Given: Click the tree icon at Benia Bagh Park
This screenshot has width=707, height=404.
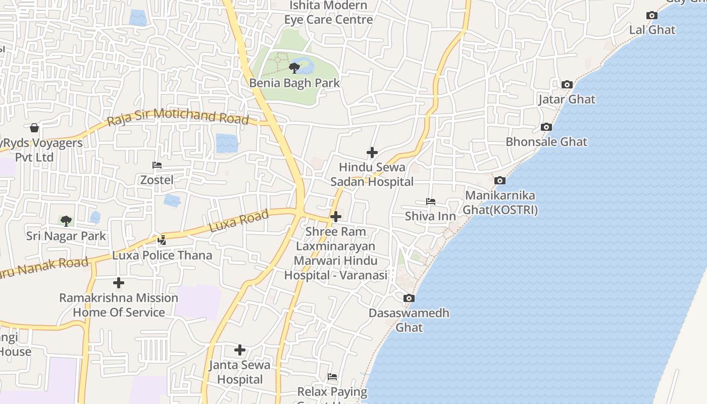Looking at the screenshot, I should (294, 68).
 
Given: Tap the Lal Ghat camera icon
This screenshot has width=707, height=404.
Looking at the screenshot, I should (652, 16).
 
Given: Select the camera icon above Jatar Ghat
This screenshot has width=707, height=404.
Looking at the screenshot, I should (567, 85).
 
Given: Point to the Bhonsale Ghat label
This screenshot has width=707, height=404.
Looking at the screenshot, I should (546, 141).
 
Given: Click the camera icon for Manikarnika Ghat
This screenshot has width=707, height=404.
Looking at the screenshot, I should (499, 181).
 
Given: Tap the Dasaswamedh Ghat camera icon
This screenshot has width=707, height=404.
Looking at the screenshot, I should (409, 298).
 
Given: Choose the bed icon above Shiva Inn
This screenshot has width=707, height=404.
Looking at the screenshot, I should (430, 201).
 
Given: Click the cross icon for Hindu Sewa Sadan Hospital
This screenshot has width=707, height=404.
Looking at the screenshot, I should (372, 153).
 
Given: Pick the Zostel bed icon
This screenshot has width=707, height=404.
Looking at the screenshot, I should (157, 165).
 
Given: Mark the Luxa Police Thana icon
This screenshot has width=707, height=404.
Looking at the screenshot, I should (162, 240).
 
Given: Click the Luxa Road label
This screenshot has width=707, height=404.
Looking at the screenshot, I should (238, 222).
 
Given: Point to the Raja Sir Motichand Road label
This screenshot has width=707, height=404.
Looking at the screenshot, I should (178, 117).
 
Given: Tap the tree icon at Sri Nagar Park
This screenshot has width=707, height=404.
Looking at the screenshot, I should (66, 221).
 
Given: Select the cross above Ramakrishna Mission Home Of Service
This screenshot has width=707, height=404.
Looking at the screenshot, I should (119, 283).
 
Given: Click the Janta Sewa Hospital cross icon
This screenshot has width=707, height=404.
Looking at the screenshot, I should (240, 349).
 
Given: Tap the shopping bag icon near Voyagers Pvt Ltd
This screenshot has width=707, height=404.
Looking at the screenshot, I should (34, 128).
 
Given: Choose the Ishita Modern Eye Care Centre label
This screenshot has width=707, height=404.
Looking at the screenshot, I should (328, 13).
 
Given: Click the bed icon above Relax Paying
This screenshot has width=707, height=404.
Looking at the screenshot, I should (332, 377).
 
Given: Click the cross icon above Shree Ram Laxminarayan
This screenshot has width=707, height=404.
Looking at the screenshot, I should (336, 217).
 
